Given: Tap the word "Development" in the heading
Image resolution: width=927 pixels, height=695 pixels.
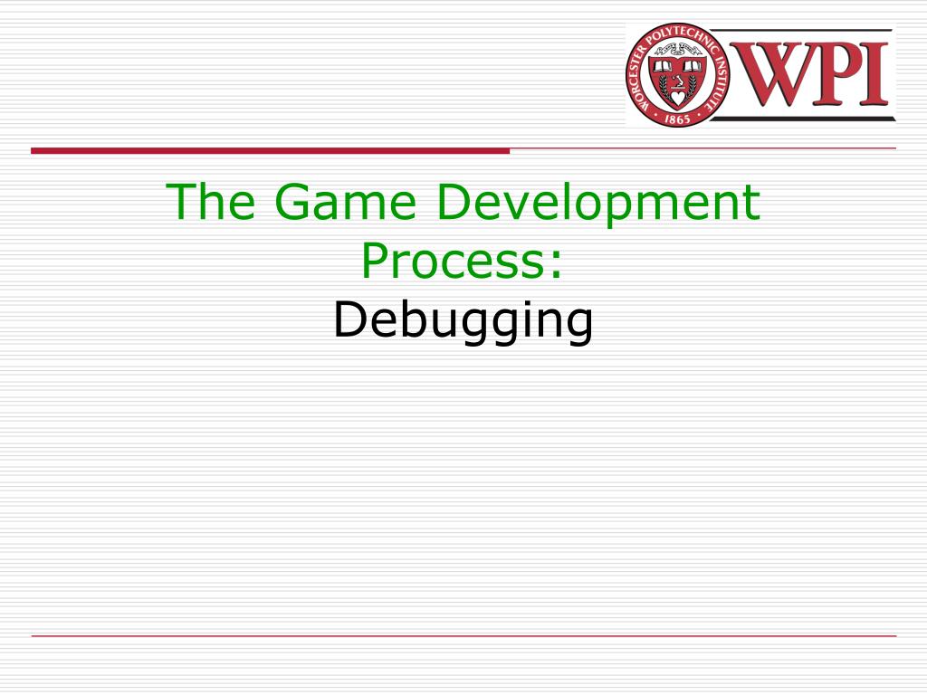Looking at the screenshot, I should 597,204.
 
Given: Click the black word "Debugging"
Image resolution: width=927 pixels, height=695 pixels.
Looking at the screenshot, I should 463,322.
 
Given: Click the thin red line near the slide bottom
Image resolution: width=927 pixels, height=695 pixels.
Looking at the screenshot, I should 463,636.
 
